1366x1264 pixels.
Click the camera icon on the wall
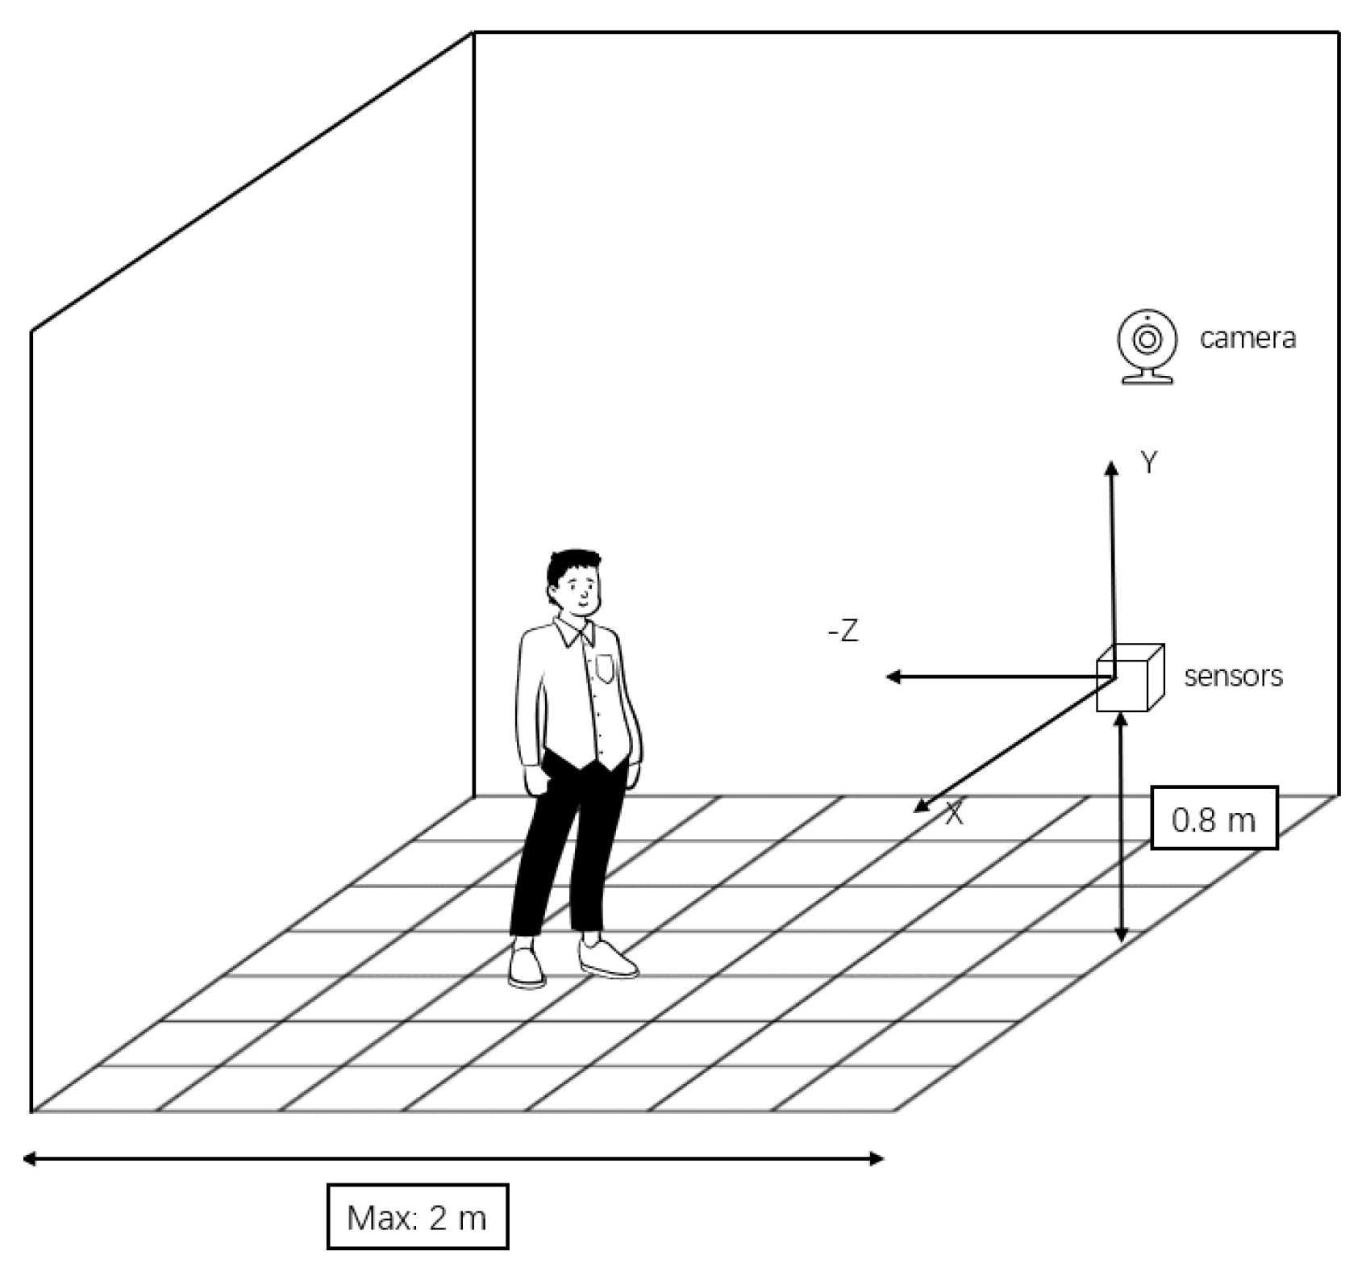click(1146, 344)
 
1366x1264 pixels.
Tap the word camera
click(1247, 338)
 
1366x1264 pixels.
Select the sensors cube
click(1129, 678)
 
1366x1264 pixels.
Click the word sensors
click(1233, 675)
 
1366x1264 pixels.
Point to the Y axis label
click(1148, 464)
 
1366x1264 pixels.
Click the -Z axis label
click(843, 631)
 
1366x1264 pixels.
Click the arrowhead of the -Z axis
click(892, 677)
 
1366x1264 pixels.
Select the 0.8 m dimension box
click(1214, 819)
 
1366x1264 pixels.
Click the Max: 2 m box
click(418, 1216)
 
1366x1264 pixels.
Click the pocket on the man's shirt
click(604, 668)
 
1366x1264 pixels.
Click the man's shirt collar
click(573, 632)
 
